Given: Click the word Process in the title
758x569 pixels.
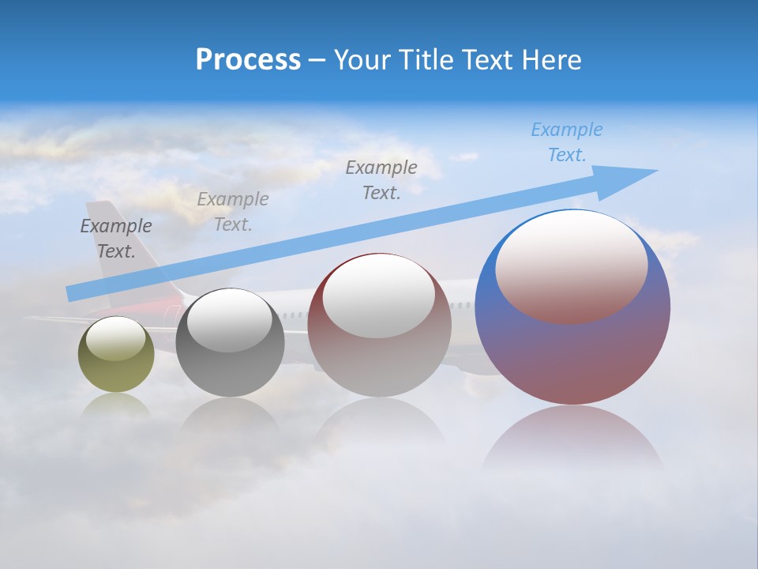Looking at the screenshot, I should pos(248,60).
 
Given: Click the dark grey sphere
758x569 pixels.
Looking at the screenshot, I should pos(230,364).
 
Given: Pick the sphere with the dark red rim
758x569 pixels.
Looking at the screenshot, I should pos(379,348).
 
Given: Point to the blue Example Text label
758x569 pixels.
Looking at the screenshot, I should pos(566,142).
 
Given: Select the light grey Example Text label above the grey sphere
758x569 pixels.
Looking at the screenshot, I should pos(233,212).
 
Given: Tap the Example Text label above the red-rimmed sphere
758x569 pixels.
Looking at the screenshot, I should pos(381,180).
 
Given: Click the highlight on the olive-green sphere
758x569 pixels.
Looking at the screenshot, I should pos(115,340).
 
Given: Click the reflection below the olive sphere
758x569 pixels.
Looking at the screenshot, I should pos(116,405).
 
